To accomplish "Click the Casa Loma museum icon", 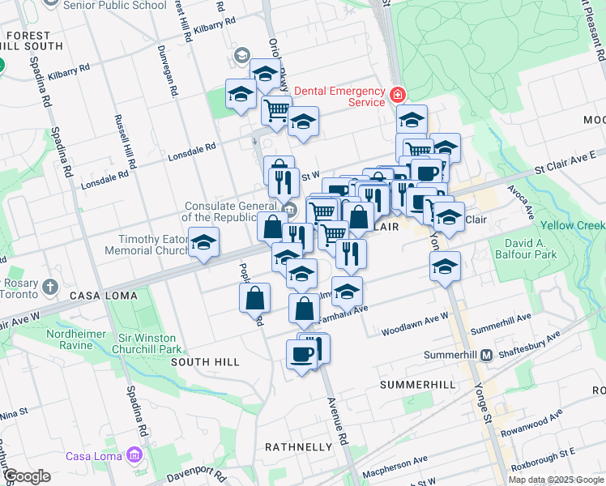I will point(133,456).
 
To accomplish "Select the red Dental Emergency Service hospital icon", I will point(397,96).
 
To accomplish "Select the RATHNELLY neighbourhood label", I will point(299,447).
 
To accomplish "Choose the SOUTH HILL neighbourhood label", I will point(206,362).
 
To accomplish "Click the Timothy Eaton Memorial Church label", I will point(147,245).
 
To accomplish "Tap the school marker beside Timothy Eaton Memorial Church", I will point(204,241).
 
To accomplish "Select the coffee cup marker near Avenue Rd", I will point(302,354).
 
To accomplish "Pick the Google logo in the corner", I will point(28,476).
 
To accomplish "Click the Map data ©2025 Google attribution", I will point(557,480).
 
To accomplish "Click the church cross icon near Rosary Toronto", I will point(50,287).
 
